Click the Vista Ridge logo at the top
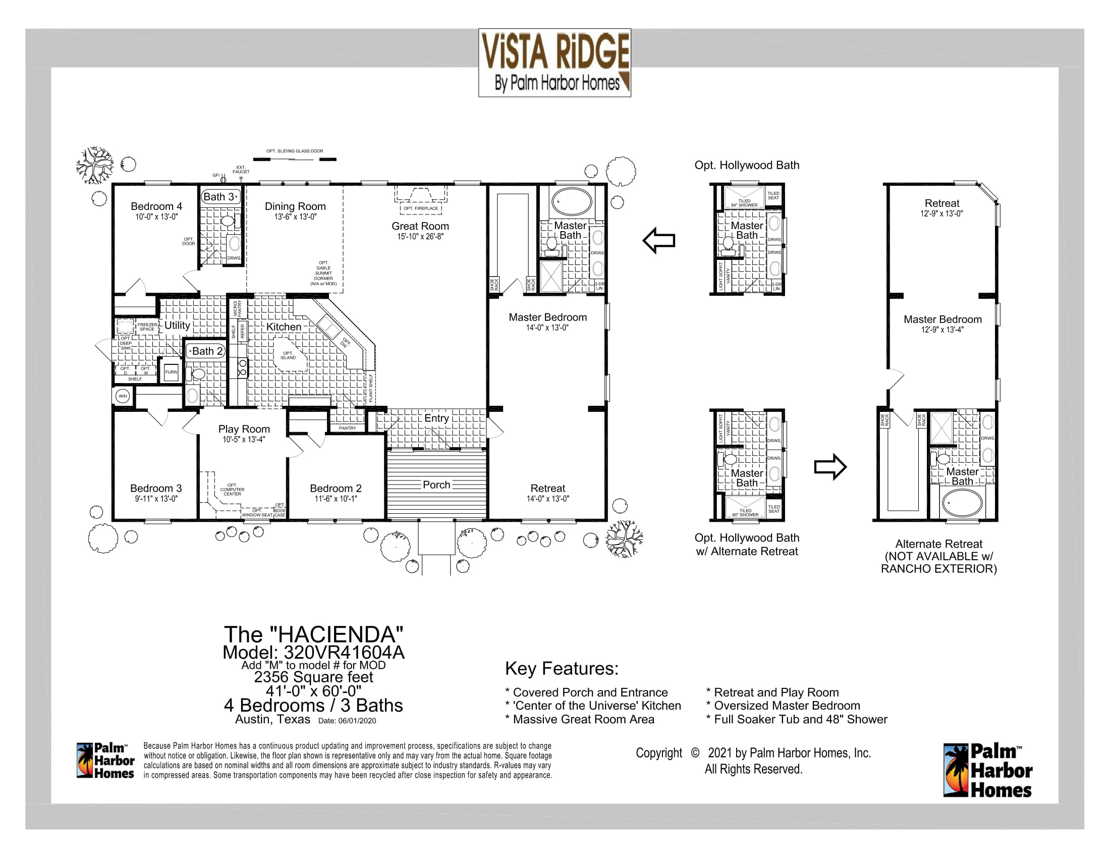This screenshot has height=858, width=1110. (554, 63)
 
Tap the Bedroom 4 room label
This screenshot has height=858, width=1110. (156, 206)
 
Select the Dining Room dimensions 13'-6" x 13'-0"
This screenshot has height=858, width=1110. (295, 217)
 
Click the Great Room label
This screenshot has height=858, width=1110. (420, 226)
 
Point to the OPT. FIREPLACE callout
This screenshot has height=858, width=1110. (420, 208)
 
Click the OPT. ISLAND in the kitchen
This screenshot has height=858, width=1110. (288, 355)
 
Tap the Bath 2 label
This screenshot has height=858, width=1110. (206, 351)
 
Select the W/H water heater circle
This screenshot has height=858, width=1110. (123, 396)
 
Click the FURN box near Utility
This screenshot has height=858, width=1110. (171, 372)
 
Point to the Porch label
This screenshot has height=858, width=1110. (436, 485)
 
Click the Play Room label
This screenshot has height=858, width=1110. (244, 429)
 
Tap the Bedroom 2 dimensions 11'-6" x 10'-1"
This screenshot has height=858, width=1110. (336, 499)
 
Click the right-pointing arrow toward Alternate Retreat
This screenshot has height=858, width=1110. (830, 467)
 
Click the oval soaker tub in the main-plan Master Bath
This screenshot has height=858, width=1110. (572, 202)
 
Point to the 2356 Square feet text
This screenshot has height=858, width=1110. (313, 677)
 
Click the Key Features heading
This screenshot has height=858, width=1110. (562, 668)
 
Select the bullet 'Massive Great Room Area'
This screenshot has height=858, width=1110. (583, 719)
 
